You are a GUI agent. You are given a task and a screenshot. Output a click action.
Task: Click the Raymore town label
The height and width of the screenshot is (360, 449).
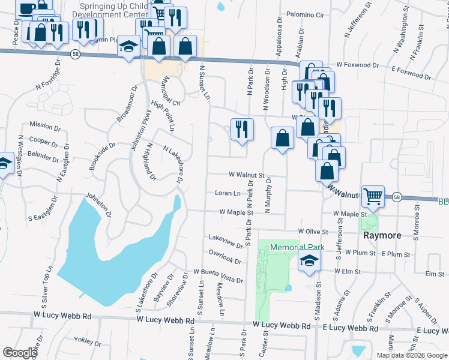(382, 236)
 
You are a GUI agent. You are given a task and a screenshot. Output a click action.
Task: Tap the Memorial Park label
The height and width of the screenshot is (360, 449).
(297, 247)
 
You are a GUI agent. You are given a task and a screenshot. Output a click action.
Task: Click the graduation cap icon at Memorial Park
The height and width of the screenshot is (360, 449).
(309, 260)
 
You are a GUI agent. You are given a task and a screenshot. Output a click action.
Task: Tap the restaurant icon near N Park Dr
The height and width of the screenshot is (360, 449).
(242, 129)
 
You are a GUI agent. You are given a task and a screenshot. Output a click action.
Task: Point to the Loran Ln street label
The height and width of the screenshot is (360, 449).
(228, 193)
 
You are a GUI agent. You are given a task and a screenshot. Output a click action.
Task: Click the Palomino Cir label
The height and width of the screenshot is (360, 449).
(305, 14)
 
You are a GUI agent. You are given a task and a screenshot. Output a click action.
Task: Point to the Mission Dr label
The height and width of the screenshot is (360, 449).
(45, 127)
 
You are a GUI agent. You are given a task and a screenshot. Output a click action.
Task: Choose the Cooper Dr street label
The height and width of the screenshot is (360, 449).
(43, 142)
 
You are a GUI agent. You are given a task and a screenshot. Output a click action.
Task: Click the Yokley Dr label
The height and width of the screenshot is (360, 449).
(88, 342)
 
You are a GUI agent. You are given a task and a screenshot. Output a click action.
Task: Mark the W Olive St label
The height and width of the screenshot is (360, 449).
(314, 231)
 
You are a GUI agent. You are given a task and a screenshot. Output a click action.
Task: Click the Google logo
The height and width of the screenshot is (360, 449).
(19, 353)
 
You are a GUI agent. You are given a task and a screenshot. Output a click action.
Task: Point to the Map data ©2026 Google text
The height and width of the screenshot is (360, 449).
(411, 355)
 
